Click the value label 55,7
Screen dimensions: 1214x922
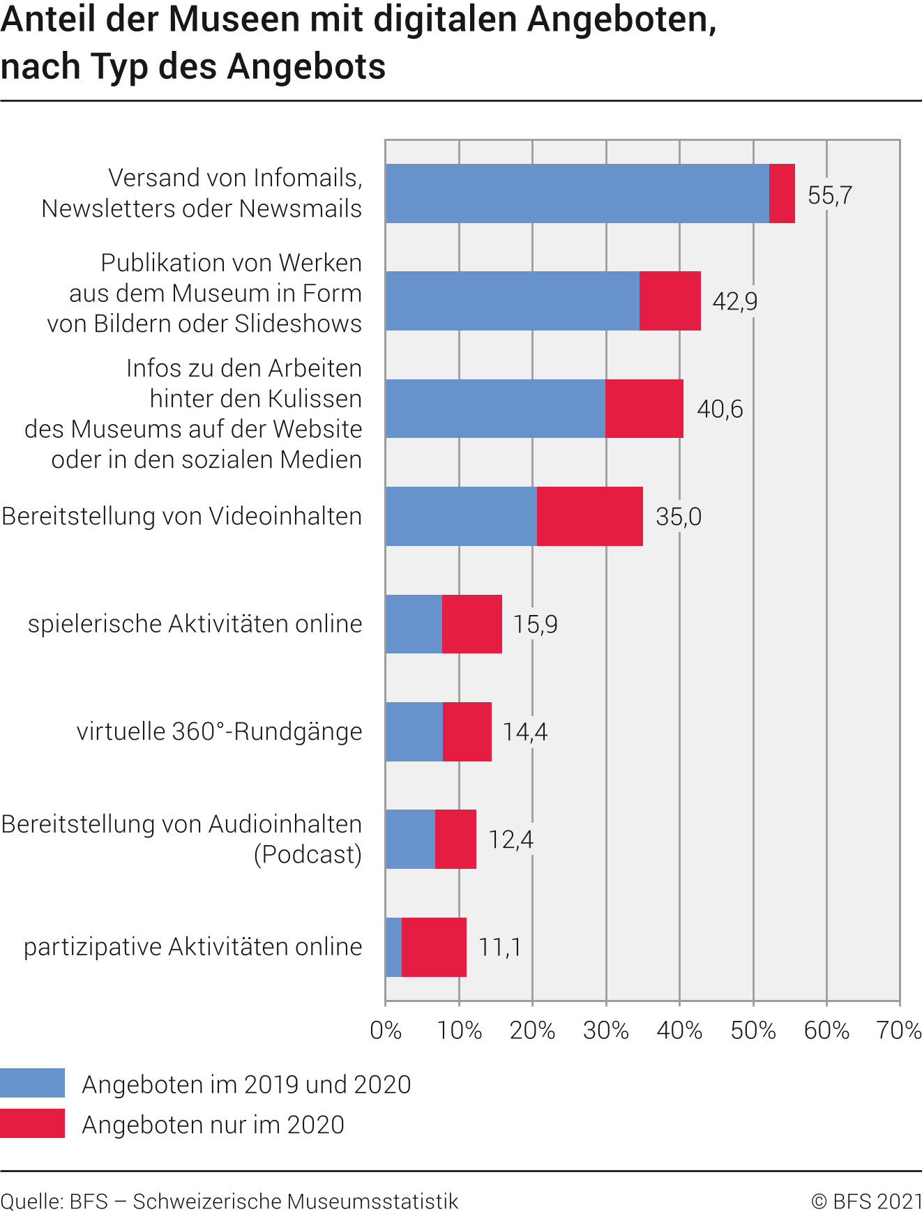click(x=829, y=195)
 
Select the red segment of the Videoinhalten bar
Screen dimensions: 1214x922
click(x=590, y=516)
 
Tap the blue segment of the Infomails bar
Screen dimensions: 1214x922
click(x=577, y=194)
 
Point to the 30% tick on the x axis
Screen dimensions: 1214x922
click(x=606, y=1030)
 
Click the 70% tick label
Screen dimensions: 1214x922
click(x=899, y=1030)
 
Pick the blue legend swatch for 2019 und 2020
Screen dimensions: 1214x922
click(x=32, y=1083)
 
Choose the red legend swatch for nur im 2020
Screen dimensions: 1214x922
click(x=32, y=1123)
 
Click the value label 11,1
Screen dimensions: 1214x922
click(x=499, y=947)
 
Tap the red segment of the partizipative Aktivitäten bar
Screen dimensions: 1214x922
click(x=434, y=947)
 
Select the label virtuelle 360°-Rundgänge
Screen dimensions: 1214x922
click(x=219, y=731)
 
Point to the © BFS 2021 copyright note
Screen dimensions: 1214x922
click(x=866, y=1201)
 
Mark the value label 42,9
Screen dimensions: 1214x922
click(x=734, y=301)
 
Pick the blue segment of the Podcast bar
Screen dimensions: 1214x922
click(x=410, y=839)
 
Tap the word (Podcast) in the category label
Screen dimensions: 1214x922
click(x=308, y=854)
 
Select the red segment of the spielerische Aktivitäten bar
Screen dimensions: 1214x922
click(x=472, y=624)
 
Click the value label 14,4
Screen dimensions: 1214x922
click(x=524, y=731)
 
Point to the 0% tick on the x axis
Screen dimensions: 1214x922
click(x=386, y=1030)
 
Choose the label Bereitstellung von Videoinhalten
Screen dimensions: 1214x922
click(x=182, y=516)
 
